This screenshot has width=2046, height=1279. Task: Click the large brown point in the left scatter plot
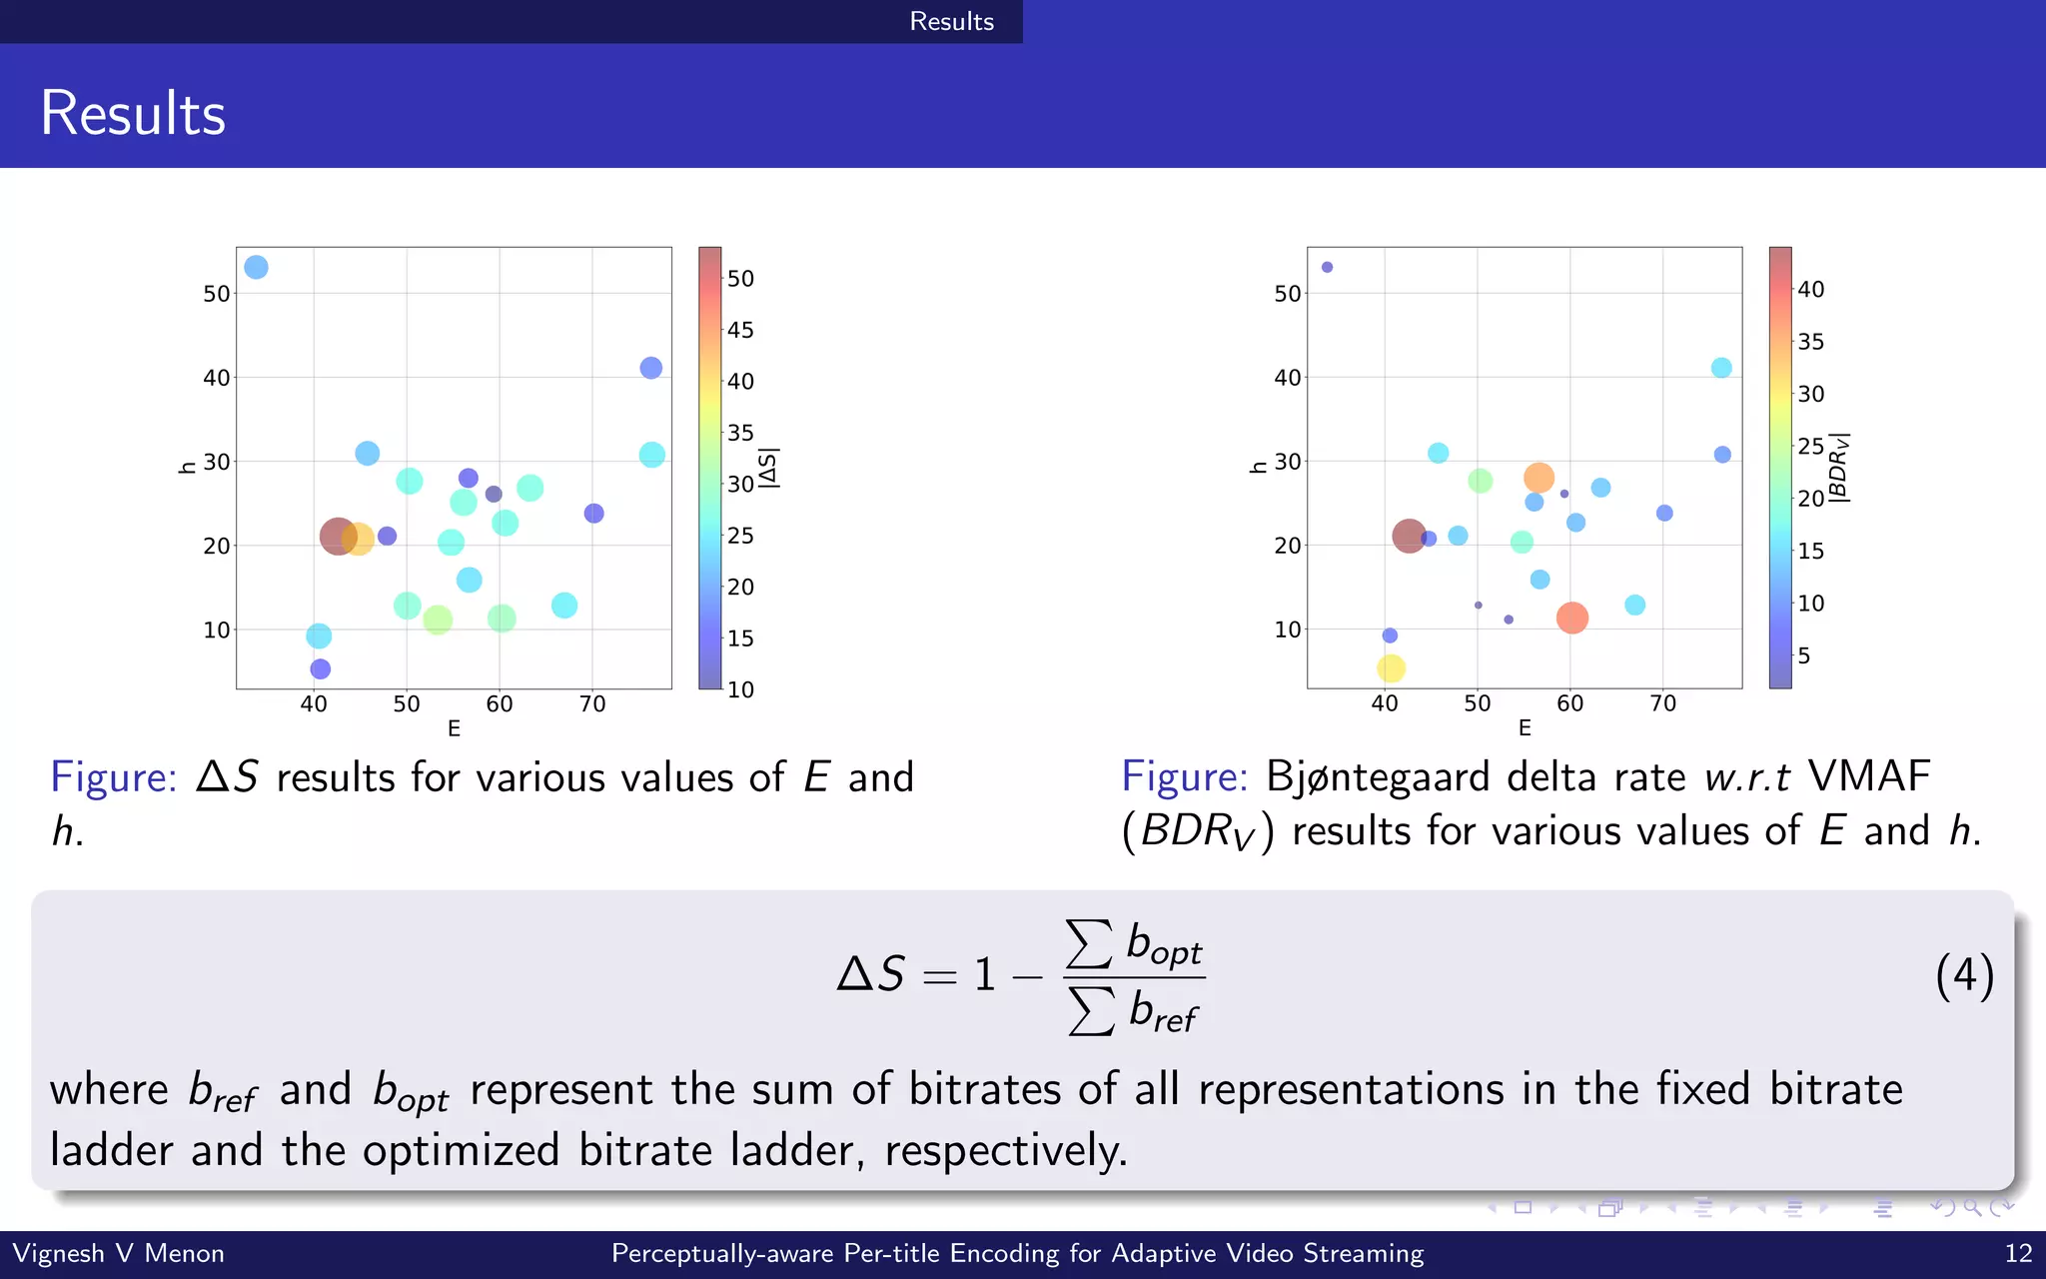(338, 537)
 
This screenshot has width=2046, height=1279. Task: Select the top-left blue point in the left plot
(256, 267)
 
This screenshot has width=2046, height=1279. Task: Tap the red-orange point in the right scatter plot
(1571, 618)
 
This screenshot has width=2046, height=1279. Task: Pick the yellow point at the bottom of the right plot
(1391, 667)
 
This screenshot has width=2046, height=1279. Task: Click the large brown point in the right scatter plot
(1409, 536)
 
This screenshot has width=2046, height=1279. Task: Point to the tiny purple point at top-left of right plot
(1327, 267)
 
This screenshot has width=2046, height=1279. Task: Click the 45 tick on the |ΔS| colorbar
(739, 330)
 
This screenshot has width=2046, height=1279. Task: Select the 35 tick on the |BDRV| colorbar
(1810, 342)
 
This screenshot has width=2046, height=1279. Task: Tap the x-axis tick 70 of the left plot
(592, 704)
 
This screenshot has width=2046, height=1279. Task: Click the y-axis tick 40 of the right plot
(1287, 378)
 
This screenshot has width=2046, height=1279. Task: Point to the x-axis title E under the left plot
(454, 728)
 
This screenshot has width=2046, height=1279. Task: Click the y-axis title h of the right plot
(1258, 467)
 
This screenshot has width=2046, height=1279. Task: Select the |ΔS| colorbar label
(768, 468)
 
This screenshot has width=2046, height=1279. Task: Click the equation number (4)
(1963, 975)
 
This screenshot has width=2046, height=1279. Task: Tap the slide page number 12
(2018, 1253)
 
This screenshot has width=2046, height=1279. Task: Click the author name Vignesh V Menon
(118, 1253)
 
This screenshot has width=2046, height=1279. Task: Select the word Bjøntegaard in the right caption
(1378, 777)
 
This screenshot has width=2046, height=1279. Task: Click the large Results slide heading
(133, 113)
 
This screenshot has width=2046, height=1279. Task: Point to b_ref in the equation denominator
(1162, 1011)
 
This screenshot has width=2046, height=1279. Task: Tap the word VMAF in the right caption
(1868, 777)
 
